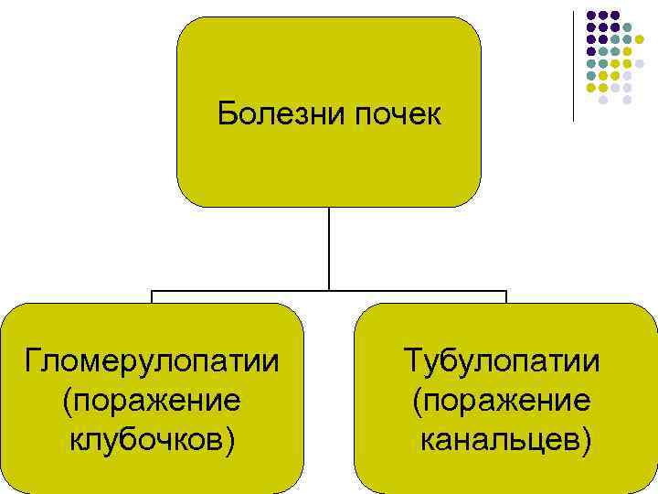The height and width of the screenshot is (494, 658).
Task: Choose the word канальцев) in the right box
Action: [505, 441]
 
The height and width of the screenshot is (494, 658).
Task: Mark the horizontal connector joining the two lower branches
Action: [328, 292]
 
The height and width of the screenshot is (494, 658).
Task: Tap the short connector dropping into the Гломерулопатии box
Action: [152, 297]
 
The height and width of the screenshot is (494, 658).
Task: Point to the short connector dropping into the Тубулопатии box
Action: [505, 297]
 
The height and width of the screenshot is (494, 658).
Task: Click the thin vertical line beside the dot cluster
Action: [574, 64]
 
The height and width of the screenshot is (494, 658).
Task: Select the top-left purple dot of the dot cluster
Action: [591, 16]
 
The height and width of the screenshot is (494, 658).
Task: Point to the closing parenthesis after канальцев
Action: [585, 442]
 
